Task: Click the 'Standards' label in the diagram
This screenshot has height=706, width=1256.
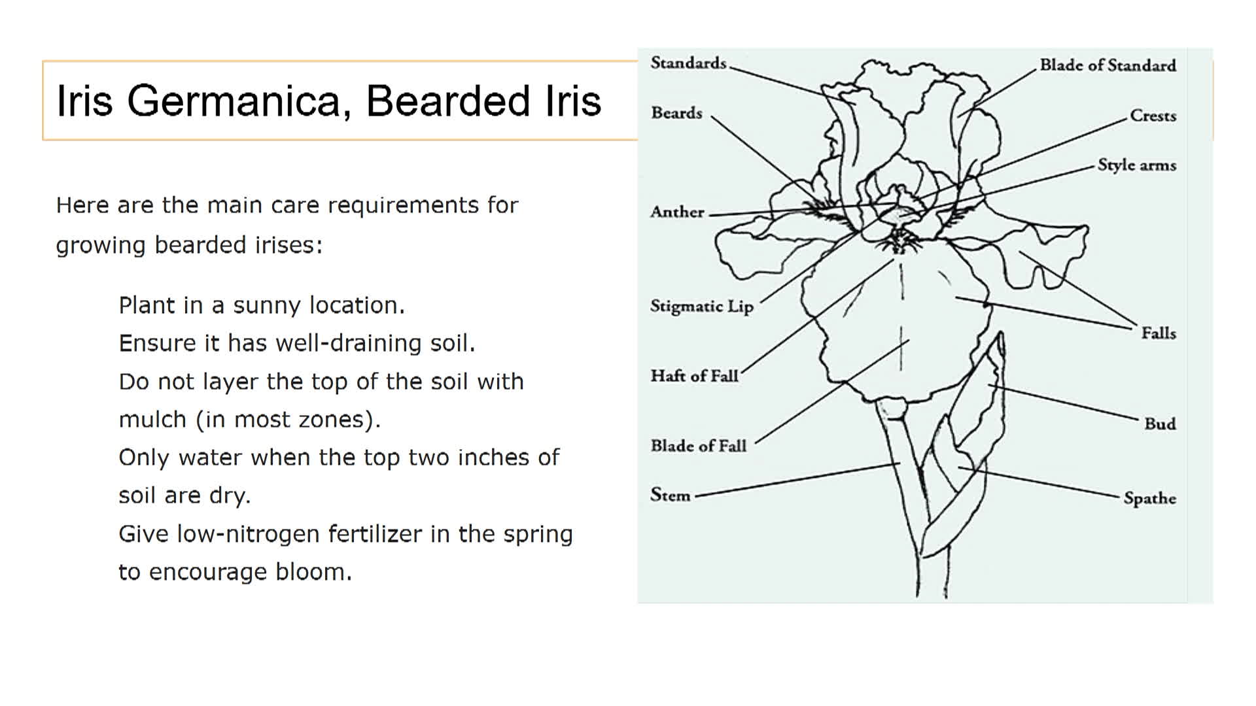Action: (x=688, y=63)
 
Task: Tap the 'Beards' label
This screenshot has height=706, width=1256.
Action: (x=676, y=113)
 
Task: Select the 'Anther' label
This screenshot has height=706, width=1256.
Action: (x=677, y=212)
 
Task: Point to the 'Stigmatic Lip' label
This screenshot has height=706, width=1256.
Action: (x=701, y=307)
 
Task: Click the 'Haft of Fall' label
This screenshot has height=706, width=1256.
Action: (x=694, y=376)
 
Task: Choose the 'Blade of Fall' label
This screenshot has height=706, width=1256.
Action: (x=698, y=446)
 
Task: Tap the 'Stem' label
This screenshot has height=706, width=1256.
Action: (x=670, y=495)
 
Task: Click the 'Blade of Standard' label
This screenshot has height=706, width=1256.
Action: (x=1108, y=65)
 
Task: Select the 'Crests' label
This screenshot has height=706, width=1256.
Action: (x=1153, y=116)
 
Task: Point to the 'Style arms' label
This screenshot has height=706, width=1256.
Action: (x=1136, y=165)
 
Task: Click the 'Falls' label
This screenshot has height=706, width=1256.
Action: (x=1159, y=333)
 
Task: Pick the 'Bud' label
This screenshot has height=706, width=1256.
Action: (x=1160, y=424)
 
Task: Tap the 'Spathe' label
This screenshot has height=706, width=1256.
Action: (x=1149, y=498)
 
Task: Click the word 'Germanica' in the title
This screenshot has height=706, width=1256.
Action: (x=239, y=101)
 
